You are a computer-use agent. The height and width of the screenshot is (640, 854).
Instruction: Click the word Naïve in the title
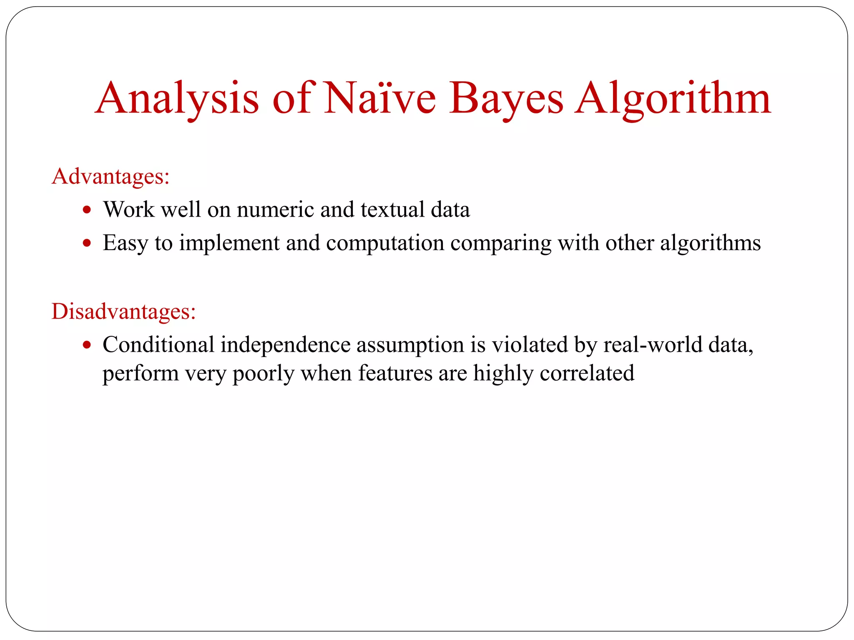[x=380, y=99]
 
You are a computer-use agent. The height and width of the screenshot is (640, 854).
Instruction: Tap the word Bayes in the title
[x=506, y=99]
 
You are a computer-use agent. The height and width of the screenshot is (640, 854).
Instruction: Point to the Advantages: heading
[x=111, y=176]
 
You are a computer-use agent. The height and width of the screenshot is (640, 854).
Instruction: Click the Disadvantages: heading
[x=123, y=311]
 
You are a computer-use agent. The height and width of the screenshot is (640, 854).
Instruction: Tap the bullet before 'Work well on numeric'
[x=87, y=210]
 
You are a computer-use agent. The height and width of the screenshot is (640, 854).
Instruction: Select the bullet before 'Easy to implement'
[x=87, y=243]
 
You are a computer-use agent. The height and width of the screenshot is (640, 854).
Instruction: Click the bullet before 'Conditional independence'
[x=87, y=345]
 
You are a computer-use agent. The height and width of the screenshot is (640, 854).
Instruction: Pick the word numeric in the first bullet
[x=275, y=209]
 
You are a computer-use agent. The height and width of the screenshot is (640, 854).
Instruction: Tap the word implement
[x=229, y=243]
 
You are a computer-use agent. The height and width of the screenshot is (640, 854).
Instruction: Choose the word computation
[x=385, y=243]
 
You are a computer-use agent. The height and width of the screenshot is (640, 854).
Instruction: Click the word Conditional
[x=158, y=345]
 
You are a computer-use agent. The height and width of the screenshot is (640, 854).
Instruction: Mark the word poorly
[x=263, y=373]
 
